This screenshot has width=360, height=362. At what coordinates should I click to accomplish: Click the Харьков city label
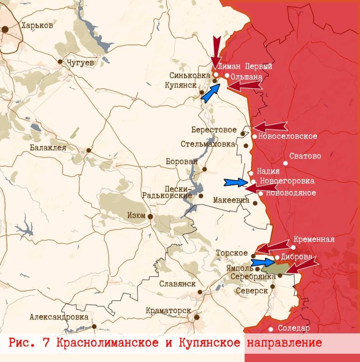click(x=37, y=26)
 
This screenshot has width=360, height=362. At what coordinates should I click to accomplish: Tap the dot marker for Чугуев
click(x=60, y=62)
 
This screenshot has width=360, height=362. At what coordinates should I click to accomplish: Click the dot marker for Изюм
click(x=150, y=217)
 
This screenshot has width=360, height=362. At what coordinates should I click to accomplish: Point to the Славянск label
click(x=177, y=284)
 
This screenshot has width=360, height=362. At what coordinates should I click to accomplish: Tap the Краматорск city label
click(x=167, y=311)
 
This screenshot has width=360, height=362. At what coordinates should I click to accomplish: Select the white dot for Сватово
click(x=286, y=163)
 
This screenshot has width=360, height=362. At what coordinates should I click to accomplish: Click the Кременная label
click(x=314, y=239)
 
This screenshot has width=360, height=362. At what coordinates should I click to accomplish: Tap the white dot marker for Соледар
click(x=271, y=329)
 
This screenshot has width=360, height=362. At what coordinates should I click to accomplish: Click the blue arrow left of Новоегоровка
click(x=236, y=182)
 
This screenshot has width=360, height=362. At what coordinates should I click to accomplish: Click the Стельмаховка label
click(x=208, y=144)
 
